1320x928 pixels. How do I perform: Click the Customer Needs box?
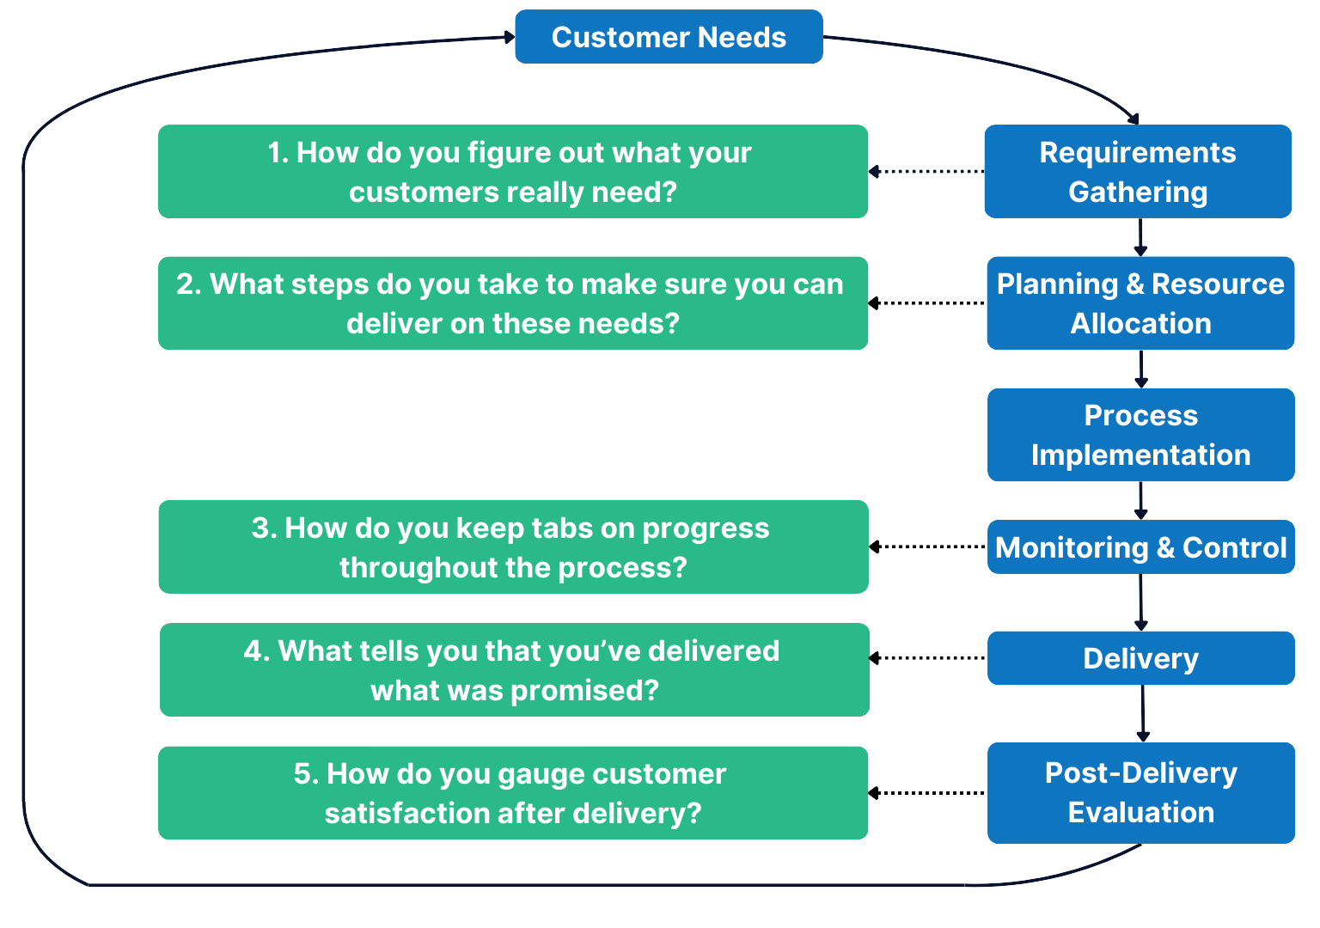point(669,37)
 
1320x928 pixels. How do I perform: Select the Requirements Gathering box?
point(1137,172)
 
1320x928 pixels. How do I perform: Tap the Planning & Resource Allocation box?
point(1140,303)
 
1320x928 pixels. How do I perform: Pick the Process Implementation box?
point(1140,435)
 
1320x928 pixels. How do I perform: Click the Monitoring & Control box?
point(1140,547)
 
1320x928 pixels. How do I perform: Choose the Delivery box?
point(1140,658)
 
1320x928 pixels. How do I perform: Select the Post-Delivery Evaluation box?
point(1140,792)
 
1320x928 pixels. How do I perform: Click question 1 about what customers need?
point(512,172)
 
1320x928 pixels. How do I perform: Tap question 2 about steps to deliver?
point(512,303)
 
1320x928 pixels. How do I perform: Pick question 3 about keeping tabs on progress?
point(513,547)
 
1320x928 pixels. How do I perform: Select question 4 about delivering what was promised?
point(514,670)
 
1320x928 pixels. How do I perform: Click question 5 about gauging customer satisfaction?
point(512,793)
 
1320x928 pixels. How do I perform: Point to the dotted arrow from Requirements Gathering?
point(926,172)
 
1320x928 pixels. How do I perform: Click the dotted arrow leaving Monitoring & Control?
point(926,546)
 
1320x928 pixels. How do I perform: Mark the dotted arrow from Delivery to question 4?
point(926,658)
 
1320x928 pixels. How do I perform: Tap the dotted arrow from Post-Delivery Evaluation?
point(926,793)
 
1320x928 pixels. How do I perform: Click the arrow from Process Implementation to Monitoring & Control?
point(1140,500)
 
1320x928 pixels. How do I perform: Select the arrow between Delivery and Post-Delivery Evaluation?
point(1142,713)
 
